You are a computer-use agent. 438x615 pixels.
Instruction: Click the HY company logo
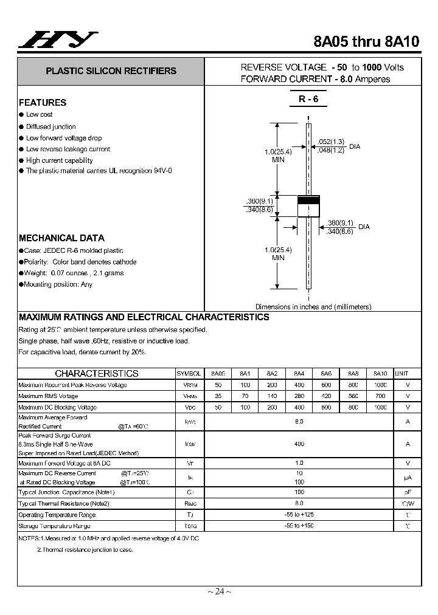[x=58, y=40]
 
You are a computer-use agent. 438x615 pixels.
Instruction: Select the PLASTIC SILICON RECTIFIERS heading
[x=111, y=71]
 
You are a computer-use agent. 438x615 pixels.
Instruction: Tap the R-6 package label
[x=308, y=99]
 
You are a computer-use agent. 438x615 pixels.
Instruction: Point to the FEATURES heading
[x=43, y=103]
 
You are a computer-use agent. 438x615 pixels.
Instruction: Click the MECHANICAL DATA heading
[x=61, y=238]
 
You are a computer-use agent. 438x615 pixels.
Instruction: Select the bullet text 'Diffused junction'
[x=51, y=126]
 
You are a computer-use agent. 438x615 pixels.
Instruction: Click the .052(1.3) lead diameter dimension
[x=332, y=142]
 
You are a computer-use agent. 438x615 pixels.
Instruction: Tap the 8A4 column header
[x=299, y=374]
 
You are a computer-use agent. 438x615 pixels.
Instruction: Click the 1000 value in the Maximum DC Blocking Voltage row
[x=380, y=407]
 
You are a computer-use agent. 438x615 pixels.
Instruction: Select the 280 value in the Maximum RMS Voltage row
[x=299, y=396]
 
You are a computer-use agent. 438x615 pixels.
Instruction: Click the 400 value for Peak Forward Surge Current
[x=299, y=444]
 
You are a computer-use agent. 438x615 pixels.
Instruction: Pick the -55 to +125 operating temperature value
[x=299, y=515]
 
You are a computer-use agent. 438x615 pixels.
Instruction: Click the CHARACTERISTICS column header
[x=97, y=374]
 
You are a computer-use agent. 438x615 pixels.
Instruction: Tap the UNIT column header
[x=402, y=374]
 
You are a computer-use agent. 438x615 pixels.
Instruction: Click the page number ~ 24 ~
[x=219, y=592]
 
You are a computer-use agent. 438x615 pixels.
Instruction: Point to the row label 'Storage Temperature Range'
[x=54, y=526]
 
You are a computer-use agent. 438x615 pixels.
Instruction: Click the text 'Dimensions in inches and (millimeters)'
[x=313, y=307]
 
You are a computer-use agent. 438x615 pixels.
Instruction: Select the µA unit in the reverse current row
[x=408, y=478]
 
